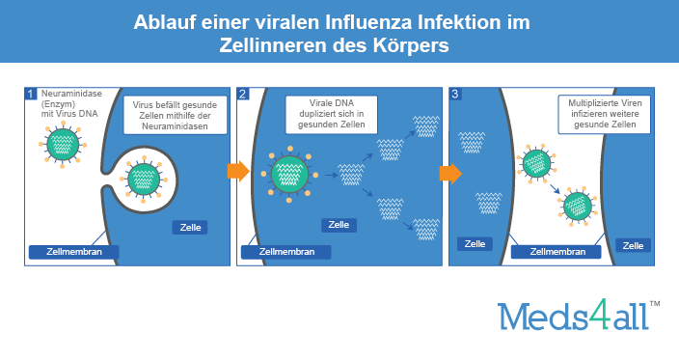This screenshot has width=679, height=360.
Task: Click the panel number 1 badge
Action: [x=31, y=95]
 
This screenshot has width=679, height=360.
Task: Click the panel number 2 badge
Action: [x=242, y=95]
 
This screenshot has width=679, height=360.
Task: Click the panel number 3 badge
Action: [x=455, y=95]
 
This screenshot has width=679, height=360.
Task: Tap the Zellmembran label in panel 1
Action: [x=73, y=252]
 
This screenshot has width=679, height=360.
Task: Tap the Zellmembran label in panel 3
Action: [x=549, y=251]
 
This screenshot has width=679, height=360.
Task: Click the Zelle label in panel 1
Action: [x=189, y=228]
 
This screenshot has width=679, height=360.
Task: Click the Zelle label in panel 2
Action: [x=339, y=225]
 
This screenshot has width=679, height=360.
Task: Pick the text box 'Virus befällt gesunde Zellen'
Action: [x=175, y=114]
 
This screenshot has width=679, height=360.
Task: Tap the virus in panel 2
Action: [x=288, y=174]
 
